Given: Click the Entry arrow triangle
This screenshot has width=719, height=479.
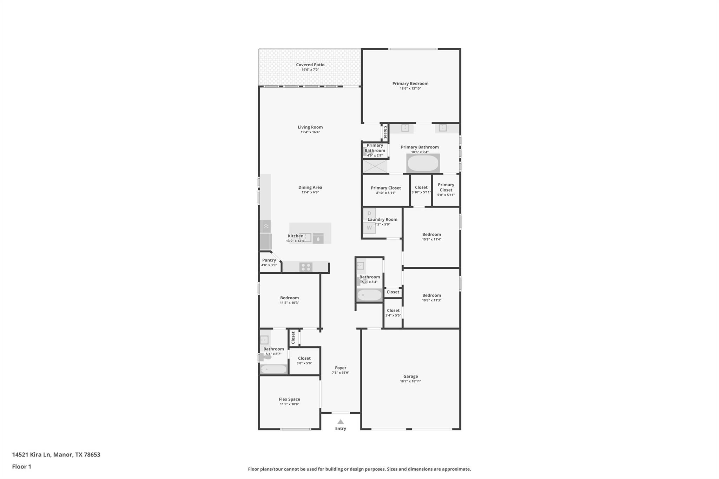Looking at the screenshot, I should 340,422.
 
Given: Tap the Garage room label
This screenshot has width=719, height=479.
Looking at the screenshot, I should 410,376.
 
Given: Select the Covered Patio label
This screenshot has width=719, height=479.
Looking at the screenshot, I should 310,65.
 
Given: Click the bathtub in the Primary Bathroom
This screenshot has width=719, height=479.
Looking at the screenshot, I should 423,164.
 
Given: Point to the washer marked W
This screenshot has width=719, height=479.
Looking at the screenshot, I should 369,228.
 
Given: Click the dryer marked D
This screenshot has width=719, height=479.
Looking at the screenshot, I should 369,213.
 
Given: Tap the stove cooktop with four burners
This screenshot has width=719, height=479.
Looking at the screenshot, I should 306,267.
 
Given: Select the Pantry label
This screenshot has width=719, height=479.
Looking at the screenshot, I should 269,260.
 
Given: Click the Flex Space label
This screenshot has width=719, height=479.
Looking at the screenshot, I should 289,399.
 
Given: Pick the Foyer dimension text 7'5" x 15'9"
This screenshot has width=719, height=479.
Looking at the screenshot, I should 340,373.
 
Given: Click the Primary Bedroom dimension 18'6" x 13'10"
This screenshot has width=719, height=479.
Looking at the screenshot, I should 410,88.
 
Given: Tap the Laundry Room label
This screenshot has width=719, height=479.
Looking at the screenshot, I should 382,219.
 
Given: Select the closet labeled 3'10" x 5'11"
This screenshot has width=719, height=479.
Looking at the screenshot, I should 421,189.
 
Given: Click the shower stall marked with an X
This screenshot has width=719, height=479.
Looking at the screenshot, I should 375,166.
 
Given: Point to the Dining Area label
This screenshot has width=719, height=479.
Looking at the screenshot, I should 310,187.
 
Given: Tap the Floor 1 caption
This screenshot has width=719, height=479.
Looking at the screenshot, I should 21,466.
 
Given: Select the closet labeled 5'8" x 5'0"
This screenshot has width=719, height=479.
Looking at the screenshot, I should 304,360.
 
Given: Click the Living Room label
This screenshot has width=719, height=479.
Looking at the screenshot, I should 310,127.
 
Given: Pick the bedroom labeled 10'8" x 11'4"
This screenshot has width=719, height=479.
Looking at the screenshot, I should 431,237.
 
